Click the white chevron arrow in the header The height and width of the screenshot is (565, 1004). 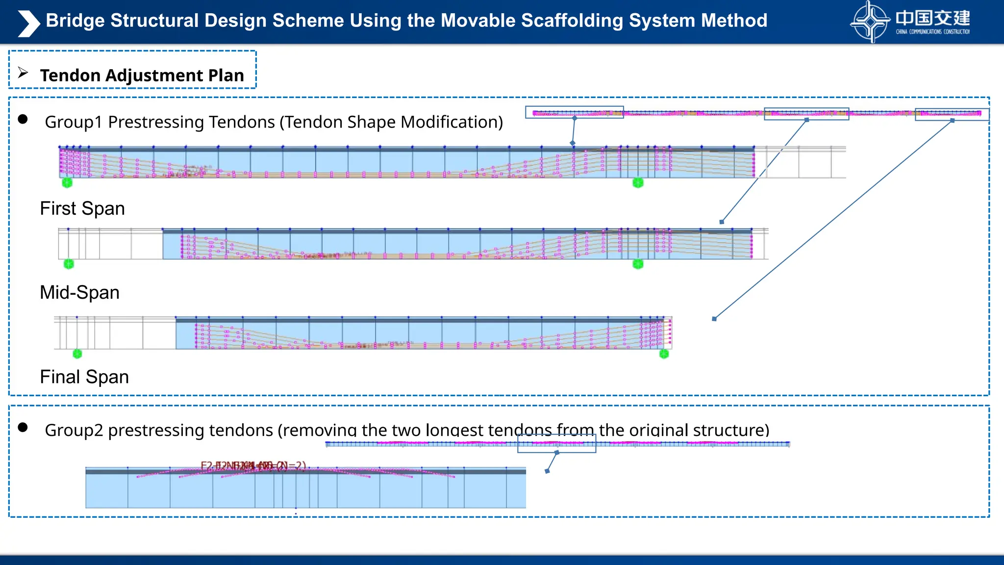[x=28, y=24]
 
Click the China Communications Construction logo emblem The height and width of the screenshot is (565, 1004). [x=870, y=22]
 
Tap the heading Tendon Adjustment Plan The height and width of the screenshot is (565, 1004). [x=142, y=75]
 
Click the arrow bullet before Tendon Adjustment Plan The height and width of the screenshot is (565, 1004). [x=23, y=73]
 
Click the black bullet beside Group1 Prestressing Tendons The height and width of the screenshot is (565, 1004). [x=23, y=119]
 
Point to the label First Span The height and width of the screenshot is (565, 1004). [x=82, y=208]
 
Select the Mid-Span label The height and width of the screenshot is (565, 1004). [x=79, y=292]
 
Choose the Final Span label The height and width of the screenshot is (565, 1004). [x=84, y=377]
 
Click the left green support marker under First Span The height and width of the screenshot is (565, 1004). [x=67, y=183]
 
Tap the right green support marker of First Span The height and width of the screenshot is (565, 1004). [x=638, y=183]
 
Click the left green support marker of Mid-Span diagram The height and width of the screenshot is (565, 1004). [x=69, y=264]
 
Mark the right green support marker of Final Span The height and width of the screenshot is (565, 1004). [x=664, y=354]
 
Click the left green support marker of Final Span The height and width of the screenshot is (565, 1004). [x=77, y=354]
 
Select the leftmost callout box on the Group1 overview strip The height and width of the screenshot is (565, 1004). [x=575, y=112]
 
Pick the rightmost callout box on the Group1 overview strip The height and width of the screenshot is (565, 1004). [x=952, y=114]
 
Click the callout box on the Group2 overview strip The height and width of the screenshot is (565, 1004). [x=556, y=444]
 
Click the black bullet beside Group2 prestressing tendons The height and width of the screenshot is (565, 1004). [x=23, y=427]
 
